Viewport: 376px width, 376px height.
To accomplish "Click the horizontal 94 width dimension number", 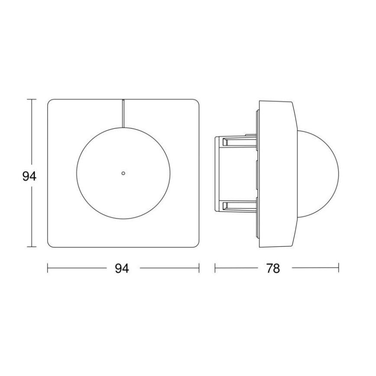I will (122, 269).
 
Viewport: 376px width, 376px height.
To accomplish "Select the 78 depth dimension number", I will (273, 269).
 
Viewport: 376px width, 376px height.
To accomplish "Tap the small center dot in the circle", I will (123, 173).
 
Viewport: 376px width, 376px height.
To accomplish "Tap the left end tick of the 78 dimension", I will (215, 269).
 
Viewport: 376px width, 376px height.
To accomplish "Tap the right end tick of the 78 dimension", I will (338, 269).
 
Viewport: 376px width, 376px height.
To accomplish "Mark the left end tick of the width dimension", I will (48, 269).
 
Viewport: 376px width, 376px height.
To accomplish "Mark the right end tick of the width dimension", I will (199, 269).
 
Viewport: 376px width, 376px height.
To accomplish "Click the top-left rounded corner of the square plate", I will (50, 103).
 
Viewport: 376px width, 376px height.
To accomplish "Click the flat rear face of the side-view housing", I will (216, 173).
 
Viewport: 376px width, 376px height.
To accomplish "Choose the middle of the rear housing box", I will (236, 173).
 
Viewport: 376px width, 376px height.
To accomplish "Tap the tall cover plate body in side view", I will (277, 173).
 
